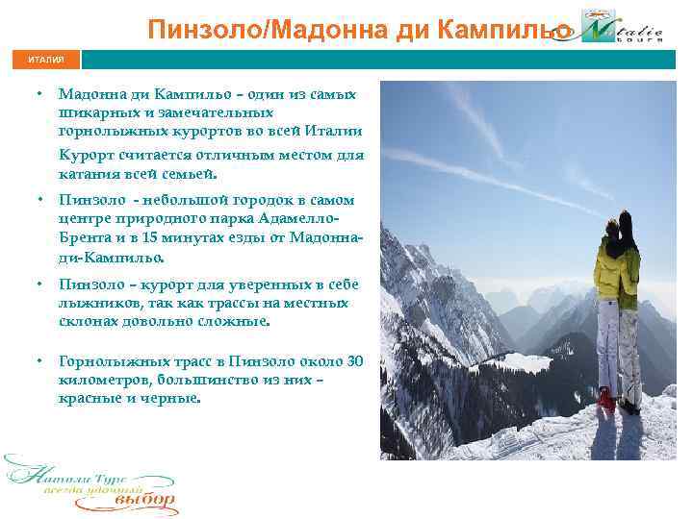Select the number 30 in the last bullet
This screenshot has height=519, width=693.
pos(354,361)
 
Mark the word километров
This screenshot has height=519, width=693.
pos(106,379)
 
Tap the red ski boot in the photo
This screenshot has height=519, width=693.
pos(605,396)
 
